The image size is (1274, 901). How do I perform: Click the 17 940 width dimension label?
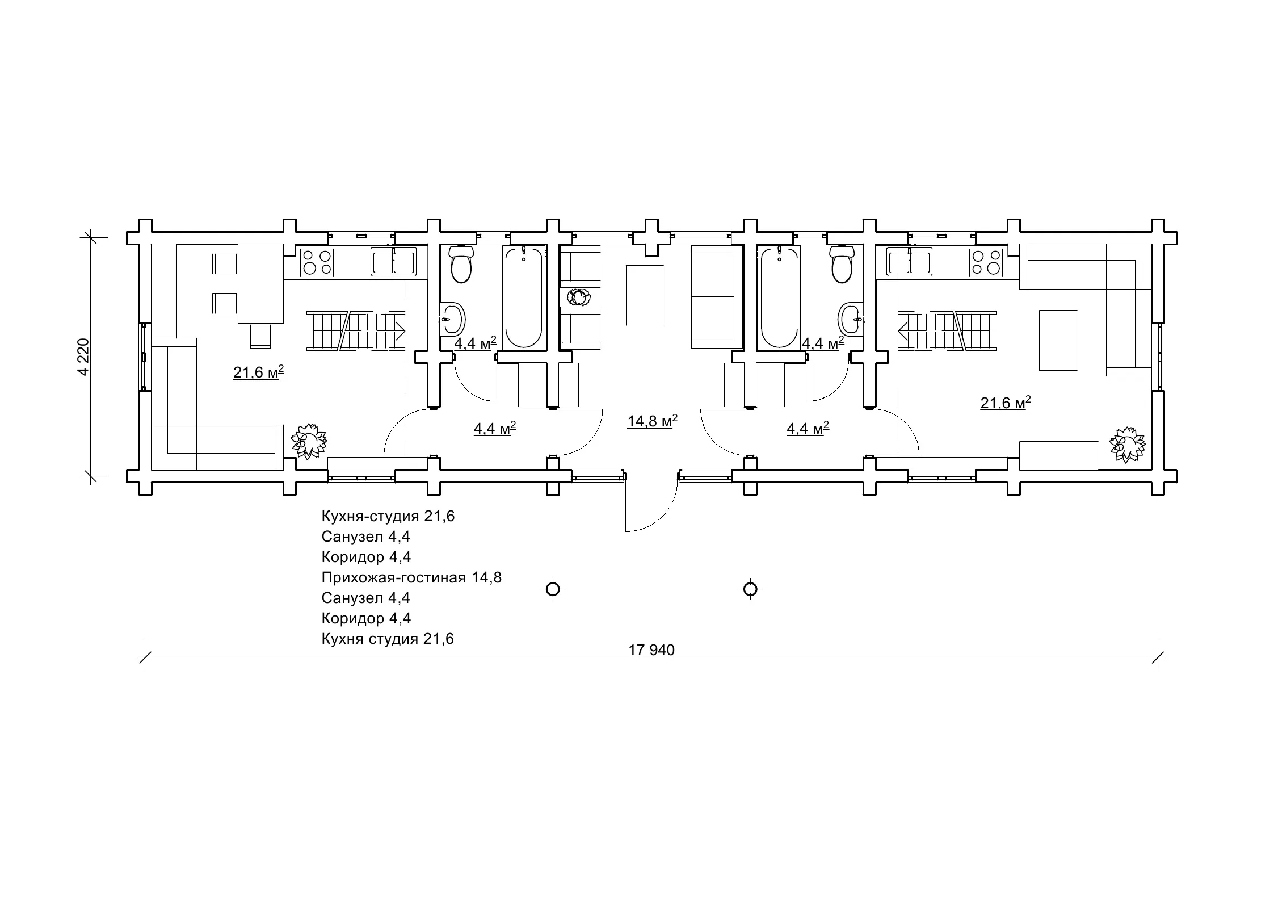click(x=651, y=650)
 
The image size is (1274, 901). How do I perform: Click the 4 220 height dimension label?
click(x=83, y=357)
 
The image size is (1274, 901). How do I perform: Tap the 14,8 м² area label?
click(x=653, y=421)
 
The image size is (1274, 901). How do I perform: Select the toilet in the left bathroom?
click(x=461, y=265)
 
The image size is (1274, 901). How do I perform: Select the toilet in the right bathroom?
click(x=842, y=265)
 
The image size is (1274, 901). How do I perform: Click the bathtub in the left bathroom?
click(x=523, y=297)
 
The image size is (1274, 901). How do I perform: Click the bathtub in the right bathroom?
click(x=779, y=297)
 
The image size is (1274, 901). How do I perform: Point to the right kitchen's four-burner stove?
click(x=986, y=262)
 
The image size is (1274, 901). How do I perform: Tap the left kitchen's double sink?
click(x=393, y=262)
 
